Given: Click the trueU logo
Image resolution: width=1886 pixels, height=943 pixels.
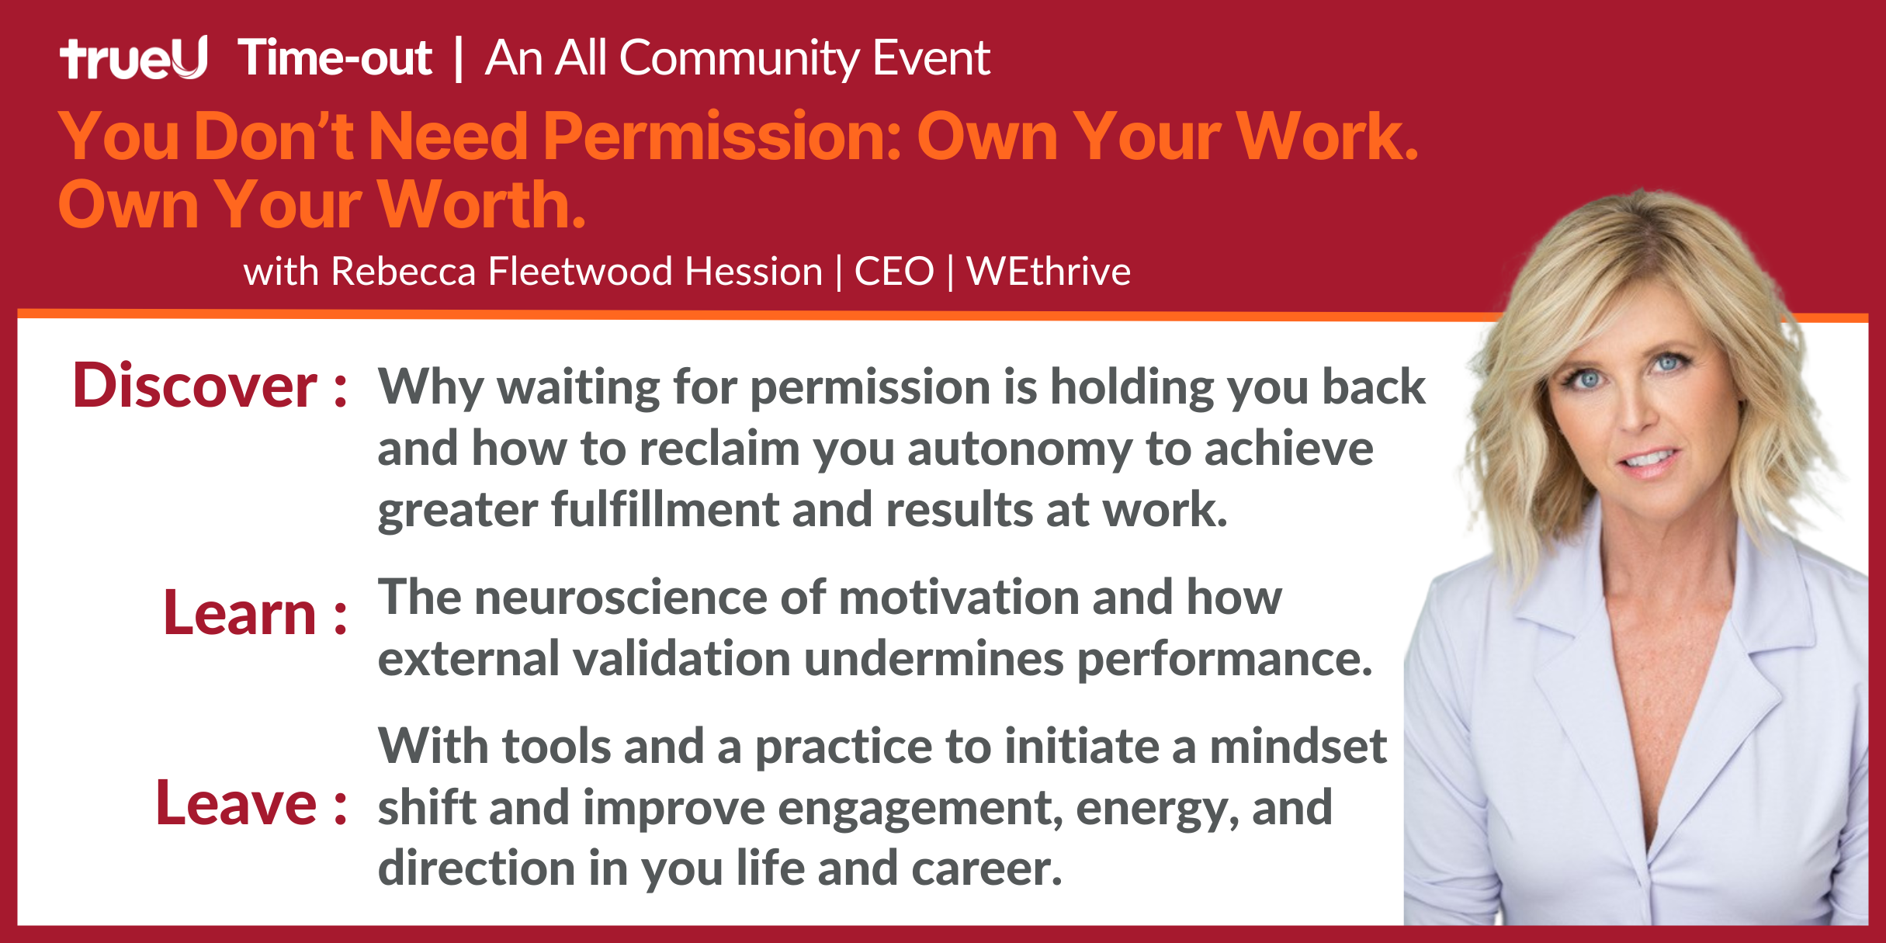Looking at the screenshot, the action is [133, 57].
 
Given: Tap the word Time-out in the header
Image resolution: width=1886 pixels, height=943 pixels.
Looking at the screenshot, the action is [335, 57].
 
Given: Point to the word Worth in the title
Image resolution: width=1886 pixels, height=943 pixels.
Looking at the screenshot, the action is [481, 204].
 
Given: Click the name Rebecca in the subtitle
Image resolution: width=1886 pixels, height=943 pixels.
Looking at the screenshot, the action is [403, 272].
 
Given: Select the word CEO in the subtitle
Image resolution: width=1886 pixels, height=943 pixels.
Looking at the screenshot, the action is [894, 272].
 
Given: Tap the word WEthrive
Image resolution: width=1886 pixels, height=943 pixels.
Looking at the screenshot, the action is [1049, 272].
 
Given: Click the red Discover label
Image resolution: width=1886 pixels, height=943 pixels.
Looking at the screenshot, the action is [209, 386].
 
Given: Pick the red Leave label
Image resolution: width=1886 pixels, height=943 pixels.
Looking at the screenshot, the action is [251, 803].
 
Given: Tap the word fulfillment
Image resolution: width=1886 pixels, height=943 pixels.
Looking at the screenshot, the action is [664, 510].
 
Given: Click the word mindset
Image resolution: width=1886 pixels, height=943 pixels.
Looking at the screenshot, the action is [1298, 746].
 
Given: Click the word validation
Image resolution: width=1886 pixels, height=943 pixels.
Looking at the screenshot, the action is [681, 658].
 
